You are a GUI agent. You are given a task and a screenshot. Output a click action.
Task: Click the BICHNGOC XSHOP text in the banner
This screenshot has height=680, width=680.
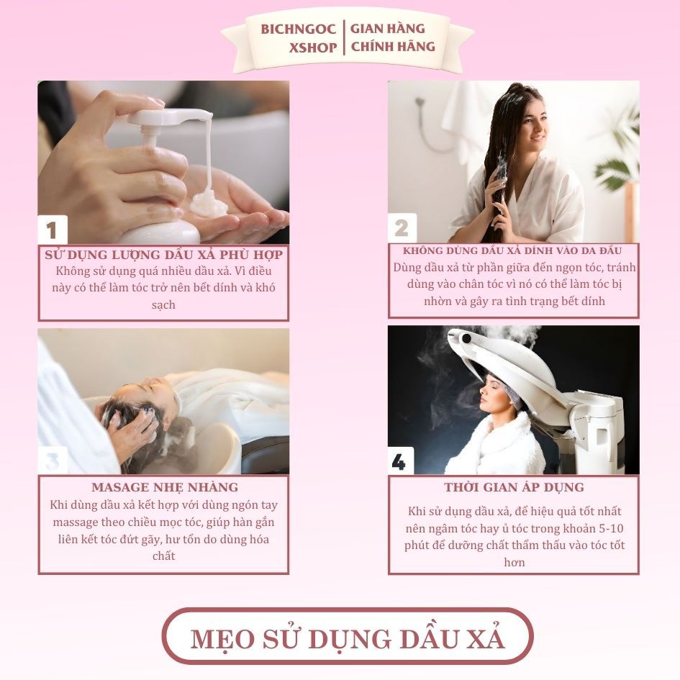(x=299, y=38)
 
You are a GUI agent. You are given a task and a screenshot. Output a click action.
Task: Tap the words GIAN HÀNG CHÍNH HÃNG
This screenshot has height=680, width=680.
(x=393, y=37)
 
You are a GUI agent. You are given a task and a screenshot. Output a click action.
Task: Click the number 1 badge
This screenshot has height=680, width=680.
(x=52, y=230)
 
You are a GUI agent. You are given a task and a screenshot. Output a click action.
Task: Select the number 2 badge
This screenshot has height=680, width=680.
(x=402, y=227)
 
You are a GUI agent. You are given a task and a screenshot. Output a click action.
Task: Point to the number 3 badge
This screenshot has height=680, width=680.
(x=53, y=461)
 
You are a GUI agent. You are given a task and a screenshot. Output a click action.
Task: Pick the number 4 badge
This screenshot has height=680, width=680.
(x=399, y=461)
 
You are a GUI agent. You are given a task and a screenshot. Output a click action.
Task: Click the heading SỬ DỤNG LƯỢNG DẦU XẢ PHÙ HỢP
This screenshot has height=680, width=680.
(x=163, y=254)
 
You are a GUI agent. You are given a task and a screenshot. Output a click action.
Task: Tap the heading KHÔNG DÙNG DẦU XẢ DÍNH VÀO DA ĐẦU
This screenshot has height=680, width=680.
(x=512, y=250)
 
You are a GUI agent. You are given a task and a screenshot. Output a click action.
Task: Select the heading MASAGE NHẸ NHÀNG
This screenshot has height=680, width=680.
(x=165, y=487)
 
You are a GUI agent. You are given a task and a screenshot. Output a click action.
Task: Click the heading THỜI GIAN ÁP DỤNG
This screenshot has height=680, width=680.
(x=514, y=487)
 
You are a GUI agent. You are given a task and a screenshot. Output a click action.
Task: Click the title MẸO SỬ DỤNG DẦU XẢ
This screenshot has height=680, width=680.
(x=348, y=638)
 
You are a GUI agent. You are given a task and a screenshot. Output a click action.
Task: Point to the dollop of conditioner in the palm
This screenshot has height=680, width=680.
(x=209, y=204)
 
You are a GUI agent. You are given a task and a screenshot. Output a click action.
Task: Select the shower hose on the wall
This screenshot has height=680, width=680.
(x=430, y=126)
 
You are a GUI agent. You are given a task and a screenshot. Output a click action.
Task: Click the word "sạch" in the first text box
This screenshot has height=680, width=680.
(x=163, y=305)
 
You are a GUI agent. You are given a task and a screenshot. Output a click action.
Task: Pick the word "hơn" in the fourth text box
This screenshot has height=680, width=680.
(x=514, y=563)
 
